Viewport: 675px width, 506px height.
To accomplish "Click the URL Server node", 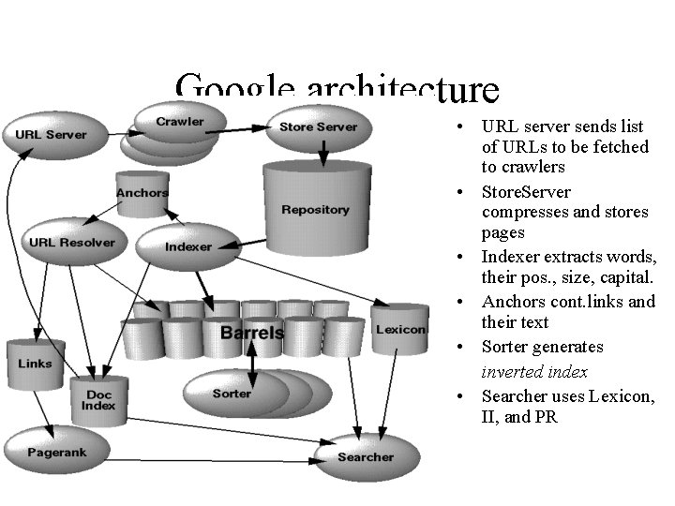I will pos(51,135).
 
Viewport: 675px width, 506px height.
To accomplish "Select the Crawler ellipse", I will pos(180,122).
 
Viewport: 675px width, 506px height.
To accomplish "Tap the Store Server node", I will pos(318,127).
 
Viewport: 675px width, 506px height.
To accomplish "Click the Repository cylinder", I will pos(314,209).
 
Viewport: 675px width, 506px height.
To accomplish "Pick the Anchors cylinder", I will pos(142,194).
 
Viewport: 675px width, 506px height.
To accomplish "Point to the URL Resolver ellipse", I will pos(71,243).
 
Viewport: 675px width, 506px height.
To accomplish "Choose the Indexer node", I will pos(188,246).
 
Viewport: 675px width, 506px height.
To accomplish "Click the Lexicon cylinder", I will pos(400,330).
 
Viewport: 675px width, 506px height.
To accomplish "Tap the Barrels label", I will pos(251,333).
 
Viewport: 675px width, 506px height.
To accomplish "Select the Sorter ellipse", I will pos(232,394).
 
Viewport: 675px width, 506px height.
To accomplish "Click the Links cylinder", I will pos(35,363).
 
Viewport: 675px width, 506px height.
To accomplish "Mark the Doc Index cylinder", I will pos(97,401).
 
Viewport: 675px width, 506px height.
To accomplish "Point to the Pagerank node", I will pos(56,453).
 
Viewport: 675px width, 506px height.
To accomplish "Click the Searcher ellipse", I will pos(365,456).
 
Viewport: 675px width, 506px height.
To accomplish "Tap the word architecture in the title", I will pos(402,91).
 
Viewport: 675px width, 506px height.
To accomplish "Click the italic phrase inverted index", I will pos(534,372).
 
